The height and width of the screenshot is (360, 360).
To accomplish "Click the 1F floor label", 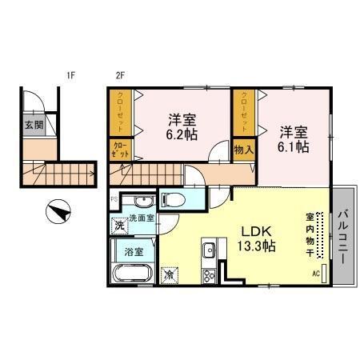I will [70, 77].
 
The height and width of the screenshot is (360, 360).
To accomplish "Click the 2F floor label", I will [121, 77].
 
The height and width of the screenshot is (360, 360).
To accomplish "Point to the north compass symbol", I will [58, 214].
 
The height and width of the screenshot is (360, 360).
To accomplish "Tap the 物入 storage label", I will [244, 149].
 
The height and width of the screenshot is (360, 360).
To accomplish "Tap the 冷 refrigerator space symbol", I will [170, 274].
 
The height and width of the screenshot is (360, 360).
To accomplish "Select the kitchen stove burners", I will [208, 276].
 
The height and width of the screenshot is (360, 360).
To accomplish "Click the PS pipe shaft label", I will [114, 198].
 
